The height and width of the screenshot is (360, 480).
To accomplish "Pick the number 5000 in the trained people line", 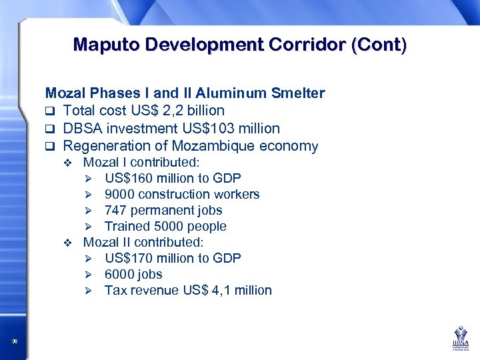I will [167, 226].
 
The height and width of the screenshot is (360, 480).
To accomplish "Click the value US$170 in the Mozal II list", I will [126, 258].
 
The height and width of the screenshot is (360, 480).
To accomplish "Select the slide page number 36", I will [15, 341].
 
